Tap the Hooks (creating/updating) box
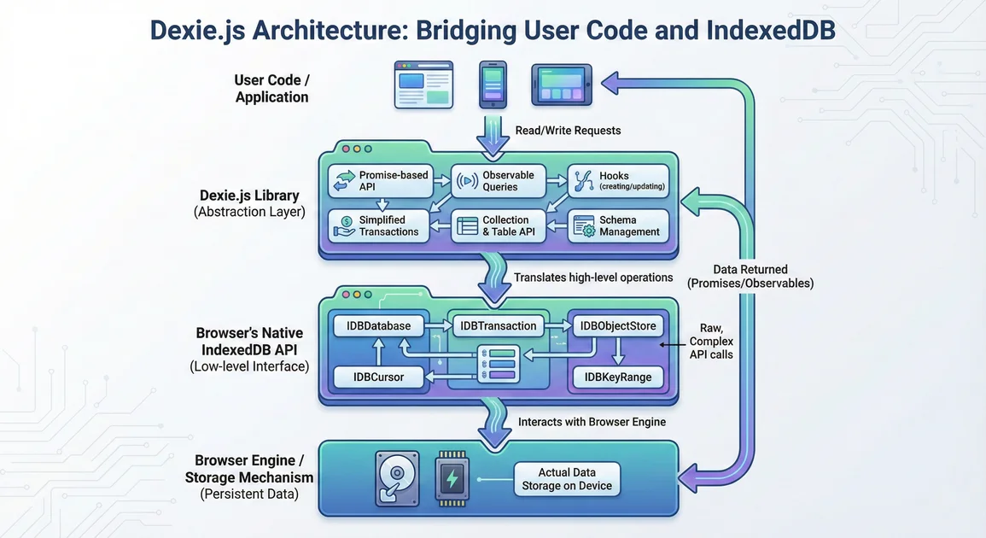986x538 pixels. click(x=618, y=180)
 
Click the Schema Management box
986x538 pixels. click(x=618, y=225)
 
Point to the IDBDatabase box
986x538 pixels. click(x=378, y=325)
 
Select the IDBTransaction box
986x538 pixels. click(x=498, y=325)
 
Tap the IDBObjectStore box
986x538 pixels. click(x=618, y=325)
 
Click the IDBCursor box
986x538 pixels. click(x=378, y=376)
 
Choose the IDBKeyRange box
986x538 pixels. click(x=618, y=377)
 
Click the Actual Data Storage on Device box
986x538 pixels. click(x=567, y=479)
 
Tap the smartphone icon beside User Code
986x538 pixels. click(x=493, y=84)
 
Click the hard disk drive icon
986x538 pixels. click(x=396, y=479)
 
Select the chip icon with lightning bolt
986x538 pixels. click(x=452, y=479)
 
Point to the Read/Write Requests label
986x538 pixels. click(x=568, y=131)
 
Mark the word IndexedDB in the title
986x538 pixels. click(x=770, y=30)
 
